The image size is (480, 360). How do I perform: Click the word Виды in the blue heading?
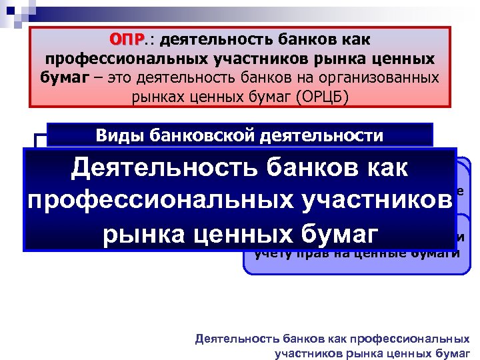(116, 135)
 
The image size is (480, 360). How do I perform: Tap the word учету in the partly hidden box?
(270, 253)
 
